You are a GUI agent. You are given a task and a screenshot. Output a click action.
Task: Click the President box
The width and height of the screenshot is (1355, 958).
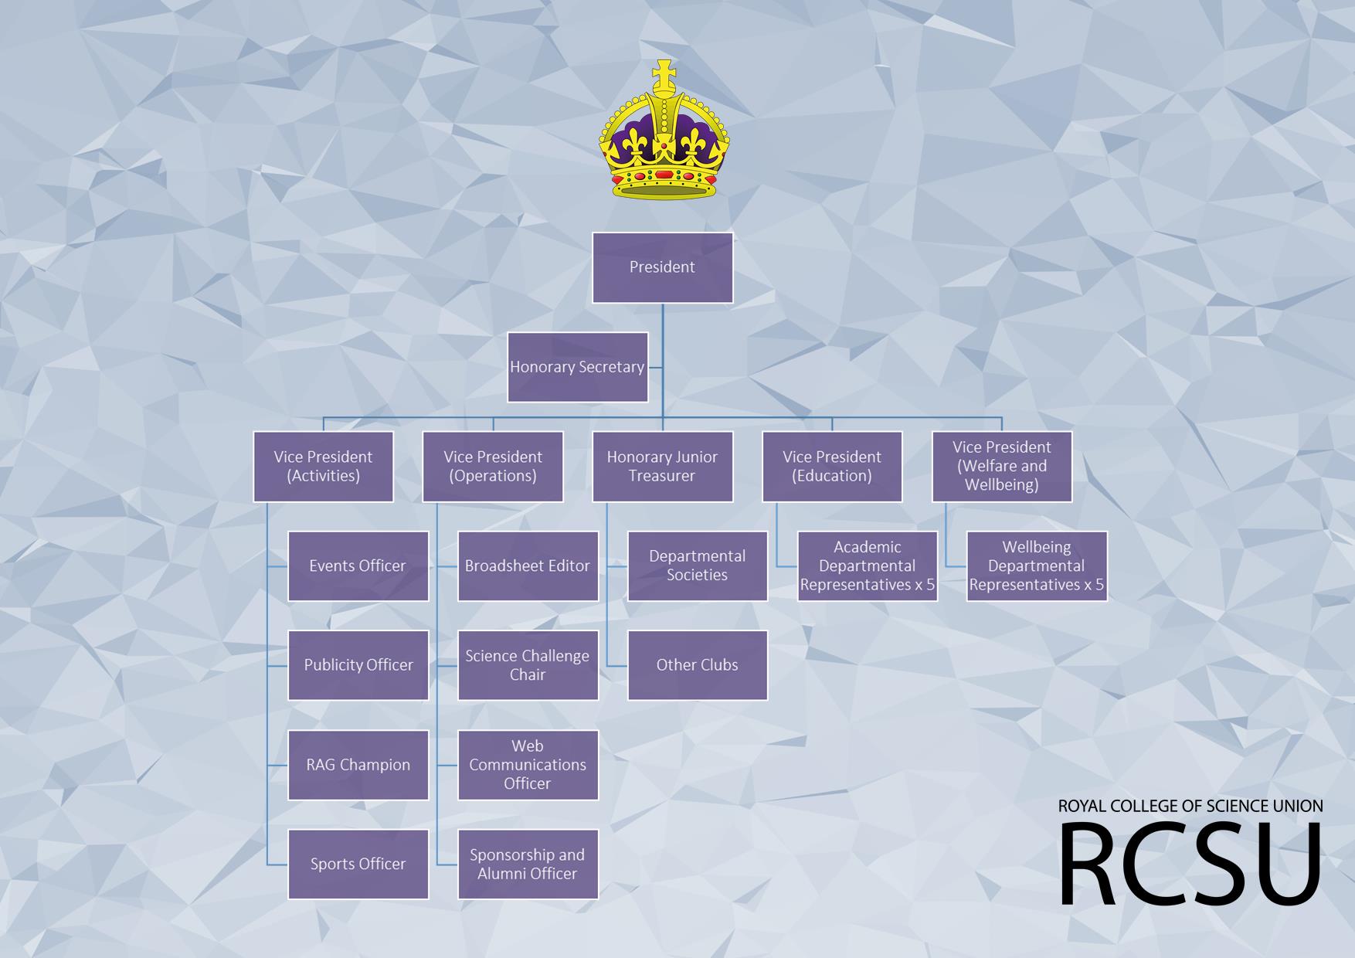662,267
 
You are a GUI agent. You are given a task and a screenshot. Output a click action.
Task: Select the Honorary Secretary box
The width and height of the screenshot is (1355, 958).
577,367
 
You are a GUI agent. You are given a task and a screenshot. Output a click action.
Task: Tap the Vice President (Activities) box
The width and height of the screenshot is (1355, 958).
323,467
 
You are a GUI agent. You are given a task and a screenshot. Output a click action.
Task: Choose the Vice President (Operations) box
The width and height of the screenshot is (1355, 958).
493,467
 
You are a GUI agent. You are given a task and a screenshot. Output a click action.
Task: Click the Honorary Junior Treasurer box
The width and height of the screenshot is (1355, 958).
662,467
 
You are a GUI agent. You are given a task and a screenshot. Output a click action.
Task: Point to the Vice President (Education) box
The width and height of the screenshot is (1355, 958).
832,467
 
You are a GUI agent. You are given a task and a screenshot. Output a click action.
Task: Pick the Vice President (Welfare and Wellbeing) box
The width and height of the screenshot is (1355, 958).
1002,467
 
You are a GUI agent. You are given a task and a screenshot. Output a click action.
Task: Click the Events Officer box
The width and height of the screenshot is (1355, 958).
358,566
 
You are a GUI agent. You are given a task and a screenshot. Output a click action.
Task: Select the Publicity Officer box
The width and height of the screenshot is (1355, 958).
358,665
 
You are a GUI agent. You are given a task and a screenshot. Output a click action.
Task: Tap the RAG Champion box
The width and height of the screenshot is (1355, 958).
358,765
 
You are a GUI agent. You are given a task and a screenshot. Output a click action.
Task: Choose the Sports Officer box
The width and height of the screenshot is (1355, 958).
358,864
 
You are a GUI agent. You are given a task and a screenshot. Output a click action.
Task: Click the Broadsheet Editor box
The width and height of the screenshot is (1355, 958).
528,566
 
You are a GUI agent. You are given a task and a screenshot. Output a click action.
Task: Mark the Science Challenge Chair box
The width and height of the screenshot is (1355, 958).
528,665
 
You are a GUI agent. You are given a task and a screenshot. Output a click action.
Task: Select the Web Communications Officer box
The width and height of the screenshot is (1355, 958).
528,765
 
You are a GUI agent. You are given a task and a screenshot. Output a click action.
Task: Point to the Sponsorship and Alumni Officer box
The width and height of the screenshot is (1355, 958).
528,864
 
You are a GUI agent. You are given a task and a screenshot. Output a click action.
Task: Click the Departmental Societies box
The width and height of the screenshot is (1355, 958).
697,566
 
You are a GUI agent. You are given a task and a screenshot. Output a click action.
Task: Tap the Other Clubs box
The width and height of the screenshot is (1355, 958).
697,665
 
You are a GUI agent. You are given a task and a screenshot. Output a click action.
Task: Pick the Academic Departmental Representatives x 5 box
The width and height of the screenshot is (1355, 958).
867,566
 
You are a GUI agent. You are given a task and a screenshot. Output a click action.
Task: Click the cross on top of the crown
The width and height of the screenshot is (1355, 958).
663,75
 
